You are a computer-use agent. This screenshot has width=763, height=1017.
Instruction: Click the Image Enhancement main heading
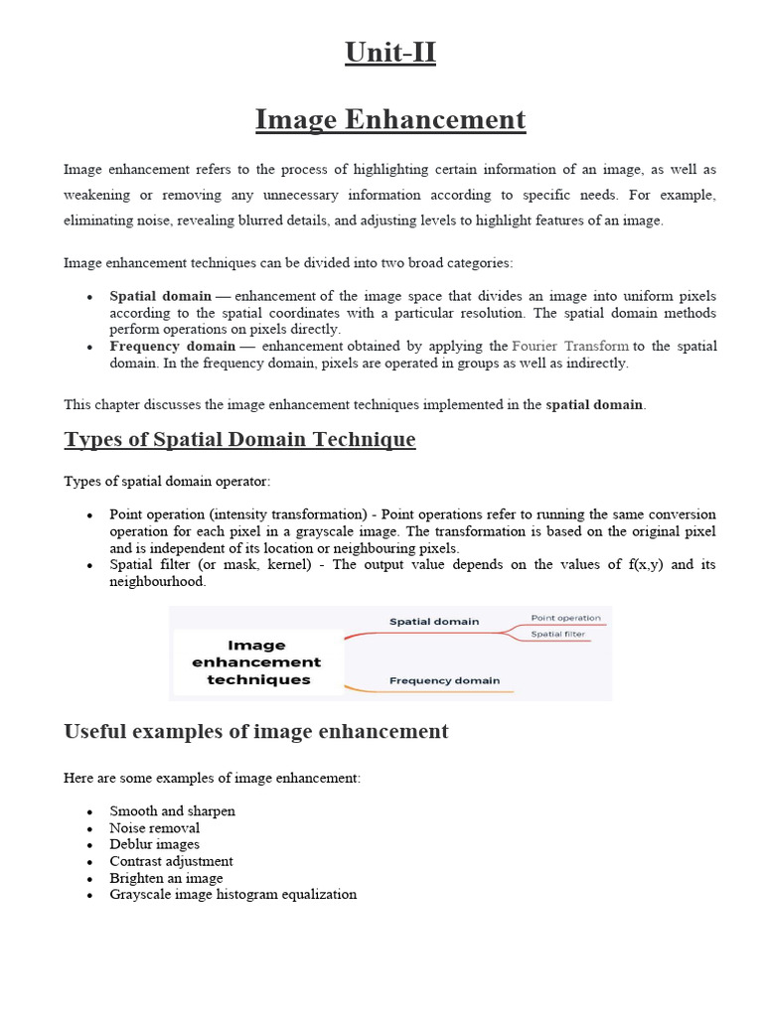[x=390, y=119]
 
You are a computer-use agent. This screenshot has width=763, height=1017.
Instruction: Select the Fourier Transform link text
[x=570, y=346]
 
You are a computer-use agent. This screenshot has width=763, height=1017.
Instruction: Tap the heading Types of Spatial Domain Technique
[x=239, y=439]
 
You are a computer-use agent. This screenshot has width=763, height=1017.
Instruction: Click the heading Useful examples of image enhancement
[x=256, y=732]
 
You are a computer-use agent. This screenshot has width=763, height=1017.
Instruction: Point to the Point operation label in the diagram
[x=565, y=618]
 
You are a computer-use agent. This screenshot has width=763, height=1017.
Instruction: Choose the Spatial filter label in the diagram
[x=557, y=634]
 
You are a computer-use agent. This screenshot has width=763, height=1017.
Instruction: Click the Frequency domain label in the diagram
[x=444, y=680]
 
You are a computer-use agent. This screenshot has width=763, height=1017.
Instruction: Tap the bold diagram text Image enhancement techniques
[x=256, y=662]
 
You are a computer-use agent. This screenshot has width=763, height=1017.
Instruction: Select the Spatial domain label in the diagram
[x=433, y=622]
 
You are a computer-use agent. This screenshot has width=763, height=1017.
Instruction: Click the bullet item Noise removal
[x=155, y=828]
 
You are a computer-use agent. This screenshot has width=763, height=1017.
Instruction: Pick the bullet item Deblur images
[x=155, y=844]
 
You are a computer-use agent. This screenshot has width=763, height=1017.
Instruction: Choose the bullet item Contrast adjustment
[x=171, y=861]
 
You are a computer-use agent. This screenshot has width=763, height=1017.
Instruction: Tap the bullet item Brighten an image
[x=166, y=878]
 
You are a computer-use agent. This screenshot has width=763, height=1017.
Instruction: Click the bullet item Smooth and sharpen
[x=173, y=811]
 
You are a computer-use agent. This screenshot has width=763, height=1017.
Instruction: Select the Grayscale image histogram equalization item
[x=232, y=894]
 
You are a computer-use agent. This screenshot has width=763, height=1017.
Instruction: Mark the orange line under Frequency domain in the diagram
[x=428, y=691]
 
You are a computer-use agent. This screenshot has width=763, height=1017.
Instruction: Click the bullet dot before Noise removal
[x=89, y=829]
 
